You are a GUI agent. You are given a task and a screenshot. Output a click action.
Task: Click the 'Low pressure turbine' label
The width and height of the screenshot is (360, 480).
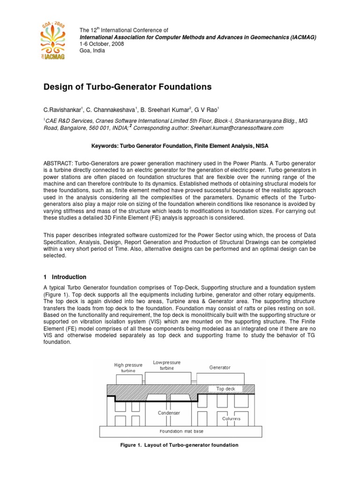167,365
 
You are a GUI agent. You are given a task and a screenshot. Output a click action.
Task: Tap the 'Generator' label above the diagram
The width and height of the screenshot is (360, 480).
220,367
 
